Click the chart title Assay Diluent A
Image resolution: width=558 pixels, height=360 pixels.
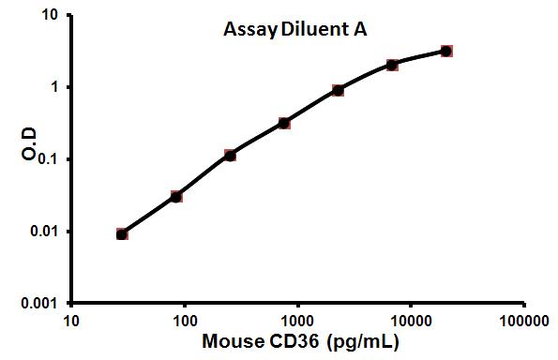294,29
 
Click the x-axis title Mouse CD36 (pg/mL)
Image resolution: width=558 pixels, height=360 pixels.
298,342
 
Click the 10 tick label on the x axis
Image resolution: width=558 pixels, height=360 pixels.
71,321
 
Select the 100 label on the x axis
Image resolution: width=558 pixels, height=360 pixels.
185,321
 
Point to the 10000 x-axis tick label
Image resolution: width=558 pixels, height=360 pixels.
411,321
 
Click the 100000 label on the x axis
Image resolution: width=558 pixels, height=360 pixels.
523,321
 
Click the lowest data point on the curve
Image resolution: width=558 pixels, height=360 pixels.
122,233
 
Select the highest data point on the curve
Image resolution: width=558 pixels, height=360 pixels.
446,51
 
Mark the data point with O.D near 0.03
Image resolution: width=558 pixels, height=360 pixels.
176,197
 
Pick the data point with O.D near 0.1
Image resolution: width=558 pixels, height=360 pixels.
230,156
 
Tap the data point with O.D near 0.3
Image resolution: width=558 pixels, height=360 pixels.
284,123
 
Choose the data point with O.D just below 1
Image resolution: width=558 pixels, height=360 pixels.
338,90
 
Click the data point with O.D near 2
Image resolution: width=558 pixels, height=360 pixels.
392,65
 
